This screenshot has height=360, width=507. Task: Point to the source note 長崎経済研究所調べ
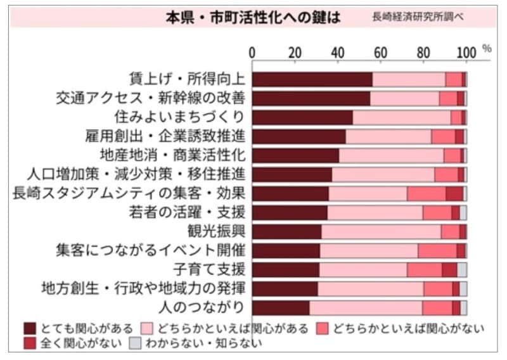418,17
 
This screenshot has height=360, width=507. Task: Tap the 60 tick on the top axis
380,53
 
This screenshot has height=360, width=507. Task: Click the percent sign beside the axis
487,48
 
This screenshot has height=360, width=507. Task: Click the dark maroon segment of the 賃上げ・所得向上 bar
312,79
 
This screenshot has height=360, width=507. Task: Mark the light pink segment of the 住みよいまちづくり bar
402,117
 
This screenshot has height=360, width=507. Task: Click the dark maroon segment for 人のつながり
281,307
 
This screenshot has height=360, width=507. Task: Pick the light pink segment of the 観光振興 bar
381,231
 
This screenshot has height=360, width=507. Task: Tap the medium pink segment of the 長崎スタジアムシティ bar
426,193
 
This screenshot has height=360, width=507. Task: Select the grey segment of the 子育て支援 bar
462,269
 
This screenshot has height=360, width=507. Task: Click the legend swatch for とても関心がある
30,328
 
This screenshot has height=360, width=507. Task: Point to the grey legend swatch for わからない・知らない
134,344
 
